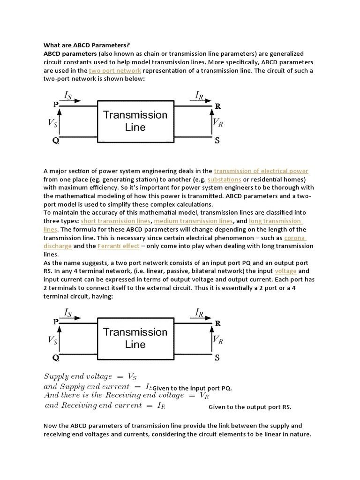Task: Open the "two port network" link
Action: (115, 71)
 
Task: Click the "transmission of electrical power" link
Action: (261, 171)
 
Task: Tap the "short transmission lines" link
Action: (116, 221)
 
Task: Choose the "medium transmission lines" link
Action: (193, 221)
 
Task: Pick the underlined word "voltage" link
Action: (285, 271)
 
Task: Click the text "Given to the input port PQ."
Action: (193, 388)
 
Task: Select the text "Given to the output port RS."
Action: (250, 407)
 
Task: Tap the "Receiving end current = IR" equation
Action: (105, 405)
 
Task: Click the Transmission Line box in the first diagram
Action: (135, 121)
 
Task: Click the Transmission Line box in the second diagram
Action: (135, 338)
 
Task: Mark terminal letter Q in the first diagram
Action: (56, 140)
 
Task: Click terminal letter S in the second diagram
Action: (217, 358)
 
